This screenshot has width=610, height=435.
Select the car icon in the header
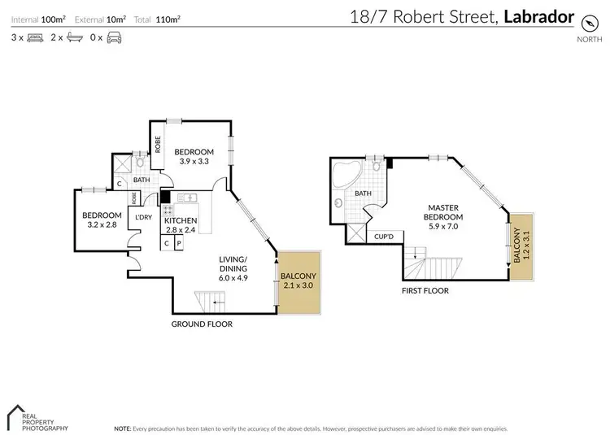click(114, 37)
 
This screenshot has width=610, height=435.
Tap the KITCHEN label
click(181, 220)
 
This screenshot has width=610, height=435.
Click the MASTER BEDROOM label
click(445, 212)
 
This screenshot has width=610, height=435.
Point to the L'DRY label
click(143, 218)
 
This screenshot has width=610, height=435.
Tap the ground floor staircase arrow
click(215, 302)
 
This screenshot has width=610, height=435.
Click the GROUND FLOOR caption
click(202, 324)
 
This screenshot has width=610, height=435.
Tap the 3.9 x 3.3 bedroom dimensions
click(194, 162)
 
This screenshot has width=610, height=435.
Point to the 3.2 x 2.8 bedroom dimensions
click(101, 224)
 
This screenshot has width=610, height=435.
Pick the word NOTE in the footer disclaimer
click(123, 428)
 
